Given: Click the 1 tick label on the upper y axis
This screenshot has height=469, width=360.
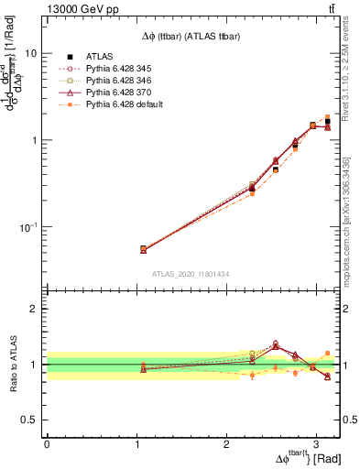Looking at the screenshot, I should (34, 140).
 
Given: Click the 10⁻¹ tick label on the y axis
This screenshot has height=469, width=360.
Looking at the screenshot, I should (28, 226).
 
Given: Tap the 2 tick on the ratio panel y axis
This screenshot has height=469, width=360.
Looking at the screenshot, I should (34, 309).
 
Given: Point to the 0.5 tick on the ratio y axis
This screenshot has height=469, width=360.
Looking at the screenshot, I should (29, 420).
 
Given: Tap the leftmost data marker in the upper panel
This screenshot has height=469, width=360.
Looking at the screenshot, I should (143, 249).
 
